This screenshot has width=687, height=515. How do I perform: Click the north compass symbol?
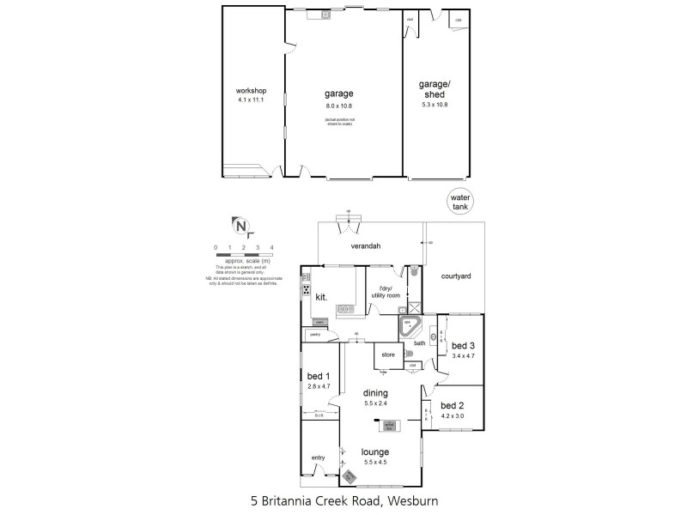[x=243, y=227]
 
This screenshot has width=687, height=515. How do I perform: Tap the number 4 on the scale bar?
[x=272, y=247]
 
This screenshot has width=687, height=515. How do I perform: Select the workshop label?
[x=252, y=91]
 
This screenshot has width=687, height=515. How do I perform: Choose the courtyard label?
[x=456, y=276]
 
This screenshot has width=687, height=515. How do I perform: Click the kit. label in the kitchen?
[x=322, y=296]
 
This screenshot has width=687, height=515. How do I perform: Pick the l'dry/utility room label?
[x=386, y=291]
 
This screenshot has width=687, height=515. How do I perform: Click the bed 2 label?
[x=452, y=405]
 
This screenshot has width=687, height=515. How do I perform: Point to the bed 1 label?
[x=319, y=377]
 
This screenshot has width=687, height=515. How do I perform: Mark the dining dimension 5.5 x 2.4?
[x=381, y=403]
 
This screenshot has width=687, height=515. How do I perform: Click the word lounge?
[x=375, y=451]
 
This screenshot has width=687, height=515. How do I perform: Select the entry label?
[x=319, y=457]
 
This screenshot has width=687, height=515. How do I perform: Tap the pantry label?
[x=315, y=336]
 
